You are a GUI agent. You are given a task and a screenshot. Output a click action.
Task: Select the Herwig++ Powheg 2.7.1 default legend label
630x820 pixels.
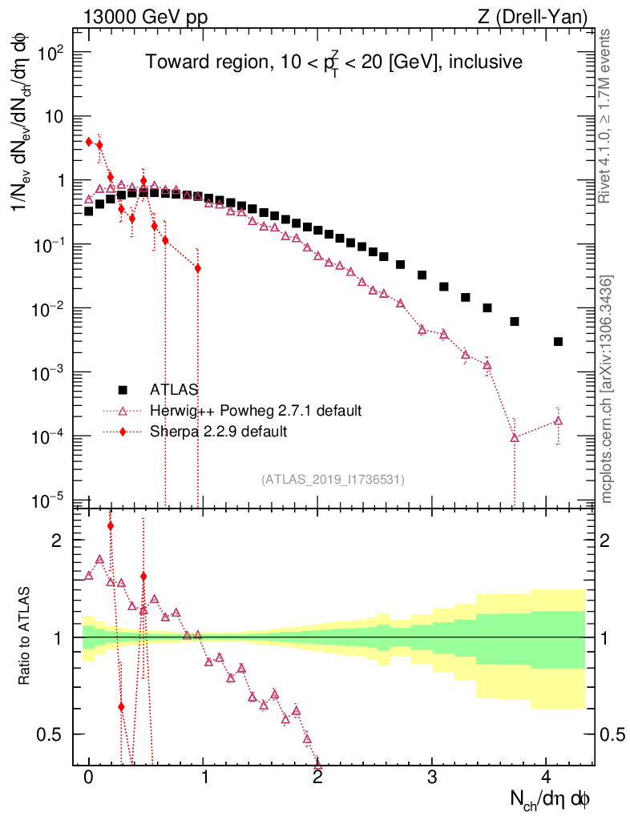pyautogui.click(x=256, y=411)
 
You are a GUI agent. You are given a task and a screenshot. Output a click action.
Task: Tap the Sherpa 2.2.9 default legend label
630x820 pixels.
pyautogui.click(x=219, y=432)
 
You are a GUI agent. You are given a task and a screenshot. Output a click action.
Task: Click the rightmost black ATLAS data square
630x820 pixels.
pyautogui.click(x=558, y=341)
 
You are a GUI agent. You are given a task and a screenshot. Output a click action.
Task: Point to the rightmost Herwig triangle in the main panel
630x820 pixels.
pyautogui.click(x=558, y=420)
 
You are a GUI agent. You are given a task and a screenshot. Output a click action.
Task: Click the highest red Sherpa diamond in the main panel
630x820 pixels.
pyautogui.click(x=89, y=142)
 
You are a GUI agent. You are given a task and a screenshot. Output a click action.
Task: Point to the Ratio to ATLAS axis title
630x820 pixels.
pyautogui.click(x=26, y=637)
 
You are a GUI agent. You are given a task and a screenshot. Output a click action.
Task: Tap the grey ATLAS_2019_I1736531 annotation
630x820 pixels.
pyautogui.click(x=333, y=480)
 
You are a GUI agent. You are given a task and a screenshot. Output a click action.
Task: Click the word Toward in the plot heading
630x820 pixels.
pyautogui.click(x=171, y=62)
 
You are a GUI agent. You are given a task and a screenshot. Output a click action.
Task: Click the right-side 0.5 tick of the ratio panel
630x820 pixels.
pyautogui.click(x=613, y=734)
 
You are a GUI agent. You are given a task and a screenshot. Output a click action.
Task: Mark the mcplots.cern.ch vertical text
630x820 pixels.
pyautogui.click(x=608, y=390)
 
